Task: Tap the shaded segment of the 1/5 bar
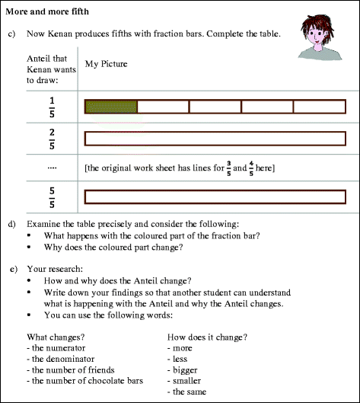pyautogui.click(x=111, y=107)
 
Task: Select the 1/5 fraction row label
pyautogui.click(x=52, y=107)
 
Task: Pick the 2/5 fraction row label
pyautogui.click(x=52, y=138)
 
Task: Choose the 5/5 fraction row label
pyautogui.click(x=52, y=195)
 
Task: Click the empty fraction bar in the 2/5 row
pyautogui.click(x=215, y=138)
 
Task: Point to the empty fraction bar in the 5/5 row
pyautogui.click(x=215, y=196)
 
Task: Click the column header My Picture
pyautogui.click(x=106, y=65)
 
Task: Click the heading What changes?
pyautogui.click(x=53, y=337)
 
